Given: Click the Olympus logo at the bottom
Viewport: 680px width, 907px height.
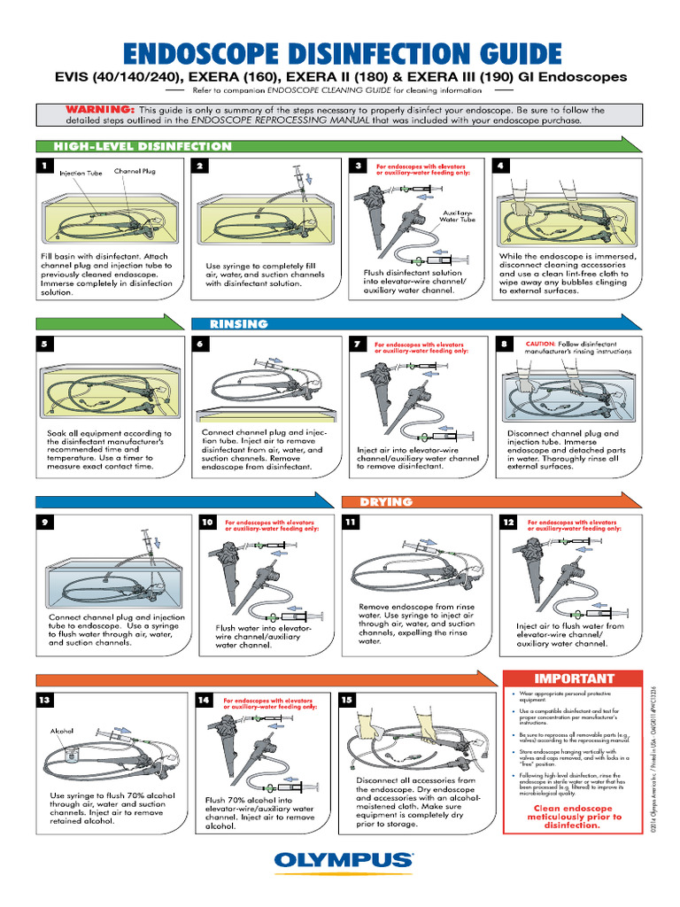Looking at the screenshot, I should [343, 860].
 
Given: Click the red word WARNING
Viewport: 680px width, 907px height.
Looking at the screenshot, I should [99, 110].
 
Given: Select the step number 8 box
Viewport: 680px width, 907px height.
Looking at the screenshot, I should [504, 344].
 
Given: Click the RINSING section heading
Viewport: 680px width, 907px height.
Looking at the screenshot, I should [239, 323].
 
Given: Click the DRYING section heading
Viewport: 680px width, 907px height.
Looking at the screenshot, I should [386, 501].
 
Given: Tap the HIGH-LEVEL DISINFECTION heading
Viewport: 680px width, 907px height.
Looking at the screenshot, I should [143, 146].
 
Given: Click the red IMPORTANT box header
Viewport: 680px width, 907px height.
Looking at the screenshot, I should [573, 678].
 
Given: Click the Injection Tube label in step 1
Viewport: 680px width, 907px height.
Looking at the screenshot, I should [81, 174].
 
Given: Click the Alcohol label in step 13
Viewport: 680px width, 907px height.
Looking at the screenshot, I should [63, 731].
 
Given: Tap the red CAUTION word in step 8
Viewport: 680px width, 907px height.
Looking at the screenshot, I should [540, 344].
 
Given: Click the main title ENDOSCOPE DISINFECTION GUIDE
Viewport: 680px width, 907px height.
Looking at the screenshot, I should [341, 52].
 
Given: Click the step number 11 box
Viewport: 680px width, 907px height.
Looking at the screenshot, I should [350, 523].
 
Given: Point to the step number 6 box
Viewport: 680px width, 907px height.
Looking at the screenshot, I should [202, 344].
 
